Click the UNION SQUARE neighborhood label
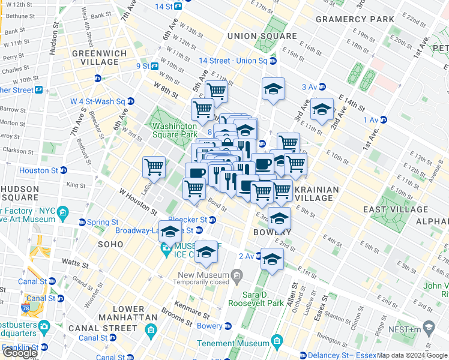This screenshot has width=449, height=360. coord(262,36)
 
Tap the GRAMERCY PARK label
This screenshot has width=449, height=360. coord(346,19)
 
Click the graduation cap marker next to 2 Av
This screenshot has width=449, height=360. coord(271,259)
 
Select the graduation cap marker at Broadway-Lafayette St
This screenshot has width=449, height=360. coord(170,232)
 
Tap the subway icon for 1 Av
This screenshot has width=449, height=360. coord(384,120)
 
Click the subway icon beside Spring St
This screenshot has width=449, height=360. coord(82,222)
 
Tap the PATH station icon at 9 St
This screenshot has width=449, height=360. coord(154,66)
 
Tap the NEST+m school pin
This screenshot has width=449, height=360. coord(429,326)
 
